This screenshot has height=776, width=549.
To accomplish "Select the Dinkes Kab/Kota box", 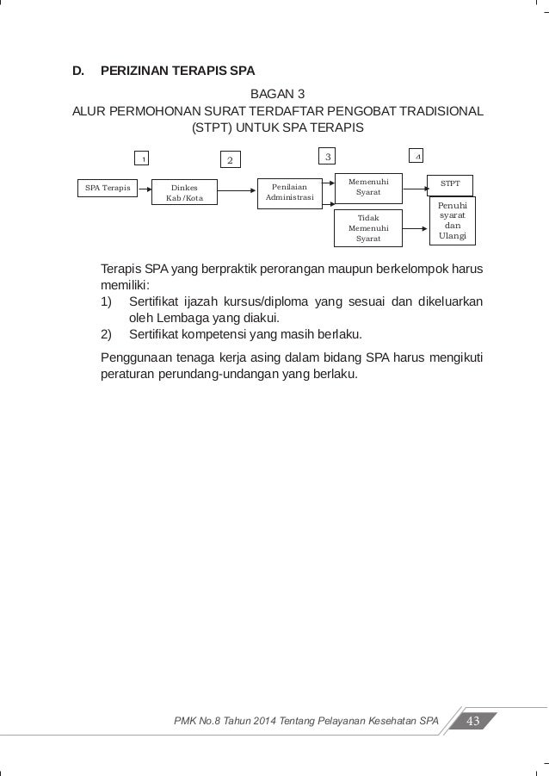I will click(184, 192).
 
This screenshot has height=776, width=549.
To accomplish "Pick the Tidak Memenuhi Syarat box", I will click(367, 227).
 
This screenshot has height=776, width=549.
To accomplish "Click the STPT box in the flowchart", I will click(450, 183).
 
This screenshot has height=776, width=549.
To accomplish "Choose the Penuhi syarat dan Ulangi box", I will click(451, 221).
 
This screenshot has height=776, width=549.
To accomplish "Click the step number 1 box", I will click(144, 158).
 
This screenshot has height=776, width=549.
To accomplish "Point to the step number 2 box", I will click(230, 159).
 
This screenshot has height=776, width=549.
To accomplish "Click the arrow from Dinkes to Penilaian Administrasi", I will click(237, 187).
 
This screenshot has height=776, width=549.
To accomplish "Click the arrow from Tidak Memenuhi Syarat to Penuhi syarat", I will click(415, 228).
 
